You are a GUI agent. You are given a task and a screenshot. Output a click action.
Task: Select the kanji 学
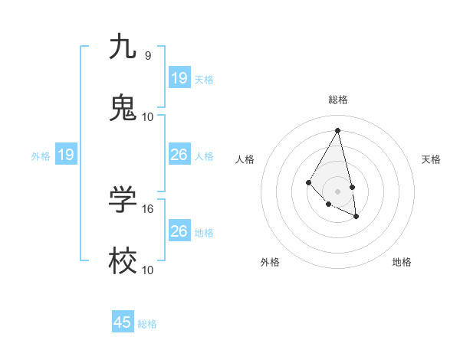click(123, 199)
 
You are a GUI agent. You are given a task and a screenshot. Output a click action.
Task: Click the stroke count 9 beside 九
click(148, 55)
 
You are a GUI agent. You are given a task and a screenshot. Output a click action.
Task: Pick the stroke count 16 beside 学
click(148, 208)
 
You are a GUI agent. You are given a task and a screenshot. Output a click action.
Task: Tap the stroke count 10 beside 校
click(148, 270)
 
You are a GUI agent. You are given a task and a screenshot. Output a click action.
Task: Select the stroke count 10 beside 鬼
click(148, 116)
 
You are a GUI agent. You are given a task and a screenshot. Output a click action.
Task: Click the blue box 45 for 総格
click(123, 322)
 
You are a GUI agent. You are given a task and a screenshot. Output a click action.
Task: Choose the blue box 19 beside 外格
click(66, 155)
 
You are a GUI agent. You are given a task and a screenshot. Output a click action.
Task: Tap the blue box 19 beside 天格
click(179, 77)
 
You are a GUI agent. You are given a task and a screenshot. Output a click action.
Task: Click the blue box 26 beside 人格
click(179, 155)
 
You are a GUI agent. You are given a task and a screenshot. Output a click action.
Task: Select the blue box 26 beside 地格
click(179, 231)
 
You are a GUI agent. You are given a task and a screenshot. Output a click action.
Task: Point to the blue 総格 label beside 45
click(147, 324)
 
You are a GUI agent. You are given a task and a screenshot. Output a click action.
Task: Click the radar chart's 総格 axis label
click(338, 100)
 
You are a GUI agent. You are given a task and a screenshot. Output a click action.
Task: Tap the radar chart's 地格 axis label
click(402, 262)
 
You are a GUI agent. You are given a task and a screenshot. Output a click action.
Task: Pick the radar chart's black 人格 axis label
click(245, 159)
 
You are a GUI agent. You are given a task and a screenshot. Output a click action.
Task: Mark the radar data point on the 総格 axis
click(338, 130)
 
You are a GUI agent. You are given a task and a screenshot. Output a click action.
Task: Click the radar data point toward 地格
click(356, 217)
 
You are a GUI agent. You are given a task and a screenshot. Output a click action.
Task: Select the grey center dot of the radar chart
click(338, 191)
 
